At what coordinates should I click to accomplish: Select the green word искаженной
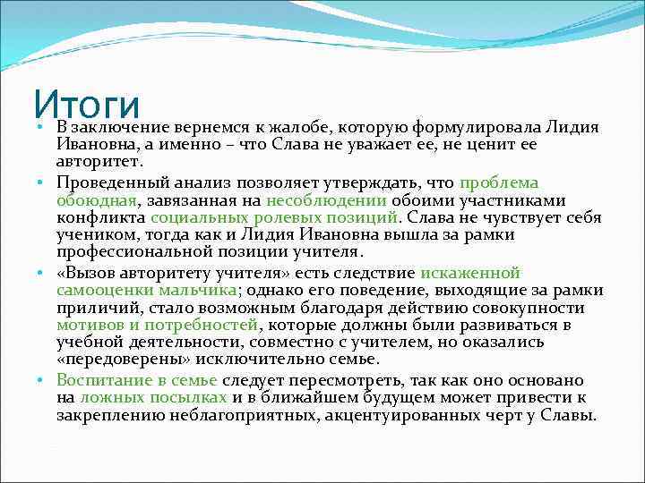[470, 274]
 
